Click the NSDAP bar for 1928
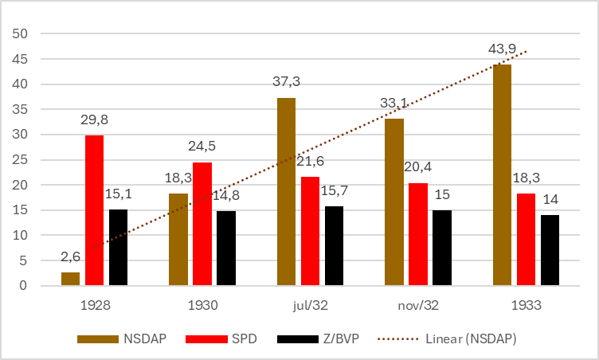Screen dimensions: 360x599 [71, 279]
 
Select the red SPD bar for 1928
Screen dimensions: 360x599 [94, 210]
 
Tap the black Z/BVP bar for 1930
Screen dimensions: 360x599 [225, 248]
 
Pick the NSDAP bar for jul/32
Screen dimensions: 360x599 [286, 191]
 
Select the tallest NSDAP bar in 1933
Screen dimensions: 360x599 [502, 175]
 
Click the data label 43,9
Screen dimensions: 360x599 [502, 50]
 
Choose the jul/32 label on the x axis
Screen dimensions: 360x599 [310, 305]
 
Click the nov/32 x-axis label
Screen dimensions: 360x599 [417, 305]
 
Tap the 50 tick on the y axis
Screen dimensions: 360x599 [19, 33]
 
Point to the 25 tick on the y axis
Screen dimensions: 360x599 [19, 159]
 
